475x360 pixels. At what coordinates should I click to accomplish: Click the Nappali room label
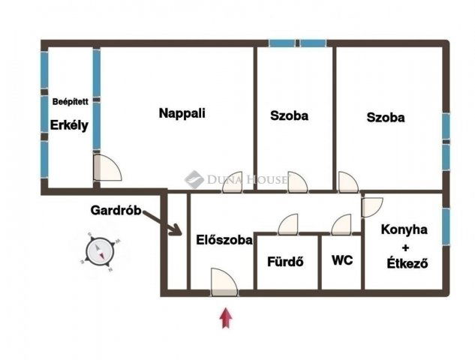[182, 113]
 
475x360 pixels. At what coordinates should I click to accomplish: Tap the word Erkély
[69, 125]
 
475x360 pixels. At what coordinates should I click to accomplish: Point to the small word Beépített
[71, 102]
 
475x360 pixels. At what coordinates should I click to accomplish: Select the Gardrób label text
[116, 210]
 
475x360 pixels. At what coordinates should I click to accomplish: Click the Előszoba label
[224, 240]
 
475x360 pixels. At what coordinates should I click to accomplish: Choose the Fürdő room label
[285, 262]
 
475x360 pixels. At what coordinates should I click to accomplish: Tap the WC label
[342, 260]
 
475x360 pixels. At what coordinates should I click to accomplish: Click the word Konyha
[404, 229]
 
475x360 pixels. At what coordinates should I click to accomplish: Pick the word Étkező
[407, 263]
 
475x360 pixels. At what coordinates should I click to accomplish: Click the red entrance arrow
[226, 318]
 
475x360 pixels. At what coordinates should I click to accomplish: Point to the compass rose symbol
[100, 251]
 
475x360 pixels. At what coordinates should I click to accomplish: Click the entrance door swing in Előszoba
[224, 282]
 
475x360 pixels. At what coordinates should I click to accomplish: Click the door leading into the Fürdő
[288, 224]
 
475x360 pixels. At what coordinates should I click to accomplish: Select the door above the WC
[341, 224]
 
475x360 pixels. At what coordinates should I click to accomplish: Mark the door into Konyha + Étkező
[372, 208]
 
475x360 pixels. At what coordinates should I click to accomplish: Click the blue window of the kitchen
[446, 226]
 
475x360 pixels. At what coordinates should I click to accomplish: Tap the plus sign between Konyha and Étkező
[405, 248]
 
